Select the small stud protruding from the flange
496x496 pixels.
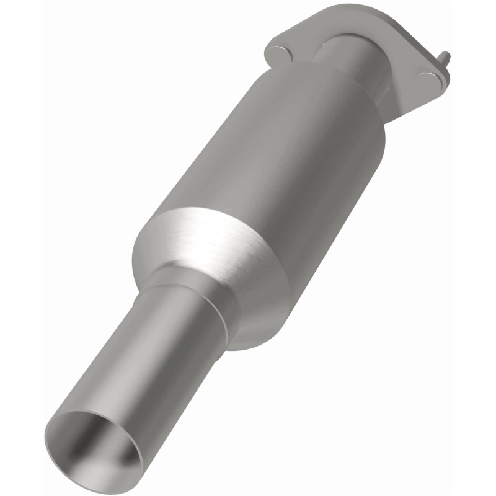click(x=444, y=58)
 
